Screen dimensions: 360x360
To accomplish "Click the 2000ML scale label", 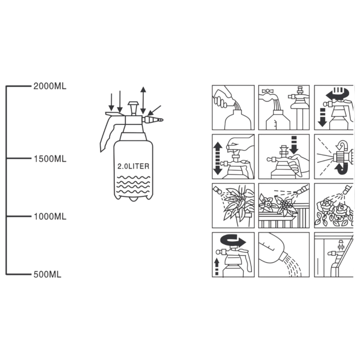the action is [x=50, y=86].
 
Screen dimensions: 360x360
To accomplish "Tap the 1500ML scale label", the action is [x=50, y=159].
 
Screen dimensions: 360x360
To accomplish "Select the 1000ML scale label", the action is [x=50, y=217].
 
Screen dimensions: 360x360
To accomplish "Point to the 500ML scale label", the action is [x=47, y=274].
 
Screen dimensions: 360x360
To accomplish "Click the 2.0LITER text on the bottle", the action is [x=133, y=166].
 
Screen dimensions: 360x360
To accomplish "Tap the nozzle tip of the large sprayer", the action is [x=161, y=120].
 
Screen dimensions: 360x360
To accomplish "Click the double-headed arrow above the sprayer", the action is [x=143, y=100].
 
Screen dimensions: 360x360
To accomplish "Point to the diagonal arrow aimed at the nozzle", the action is [x=154, y=110].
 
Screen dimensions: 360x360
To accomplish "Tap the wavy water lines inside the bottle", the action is [x=133, y=184].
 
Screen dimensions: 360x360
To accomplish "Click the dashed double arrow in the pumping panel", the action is [x=217, y=158].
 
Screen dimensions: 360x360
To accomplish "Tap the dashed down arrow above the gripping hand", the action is [x=294, y=145].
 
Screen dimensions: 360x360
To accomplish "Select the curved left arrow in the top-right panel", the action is [x=337, y=94].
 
